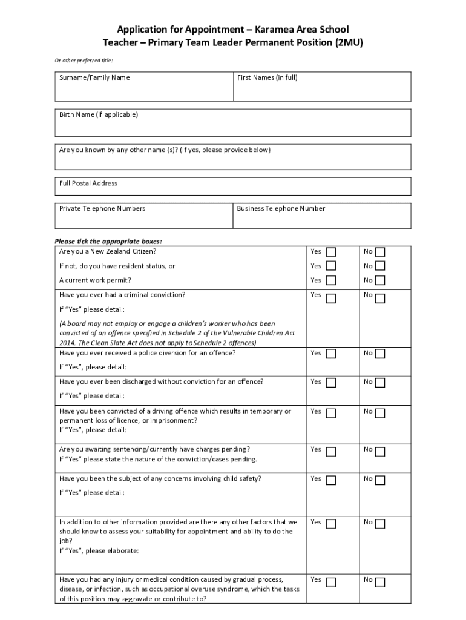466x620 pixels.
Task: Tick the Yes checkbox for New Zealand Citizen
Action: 331,252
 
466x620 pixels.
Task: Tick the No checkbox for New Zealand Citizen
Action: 380,252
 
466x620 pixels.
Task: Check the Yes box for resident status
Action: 331,266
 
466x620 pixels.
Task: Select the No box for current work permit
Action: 380,280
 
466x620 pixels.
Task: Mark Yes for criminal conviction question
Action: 331,298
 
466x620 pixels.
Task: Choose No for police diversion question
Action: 380,354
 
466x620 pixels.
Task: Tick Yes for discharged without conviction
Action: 331,383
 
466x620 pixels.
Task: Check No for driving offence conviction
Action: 380,414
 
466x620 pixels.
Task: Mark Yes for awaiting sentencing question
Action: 331,452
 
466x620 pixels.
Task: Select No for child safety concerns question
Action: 380,481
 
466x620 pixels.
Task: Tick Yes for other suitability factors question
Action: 331,524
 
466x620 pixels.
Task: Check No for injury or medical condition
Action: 380,582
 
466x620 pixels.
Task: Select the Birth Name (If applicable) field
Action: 233,127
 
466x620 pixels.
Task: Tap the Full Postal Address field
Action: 233,190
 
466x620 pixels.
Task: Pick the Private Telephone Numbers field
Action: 144,220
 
